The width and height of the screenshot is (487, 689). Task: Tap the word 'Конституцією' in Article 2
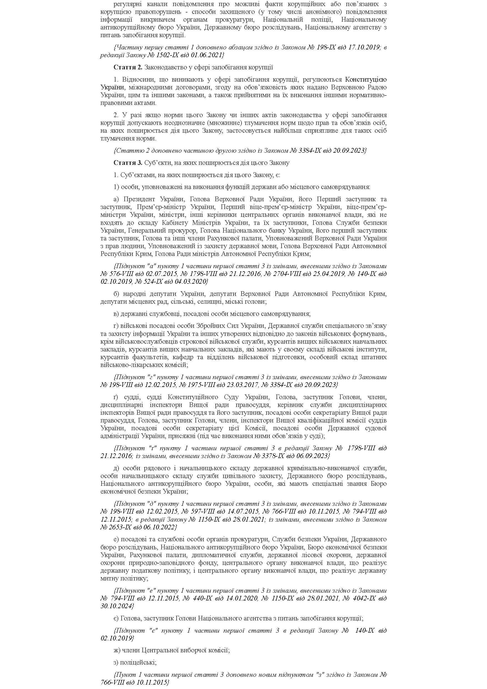(x=366, y=79)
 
